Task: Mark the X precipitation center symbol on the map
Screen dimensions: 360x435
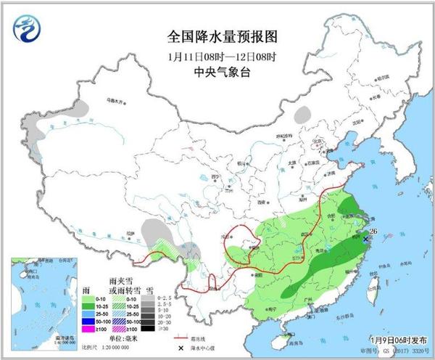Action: (x=367, y=238)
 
